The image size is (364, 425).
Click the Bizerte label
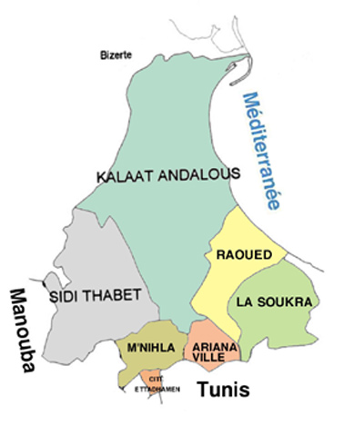pyautogui.click(x=116, y=55)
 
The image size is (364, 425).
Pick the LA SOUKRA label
pyautogui.click(x=274, y=301)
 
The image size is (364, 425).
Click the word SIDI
pyautogui.click(x=63, y=297)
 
